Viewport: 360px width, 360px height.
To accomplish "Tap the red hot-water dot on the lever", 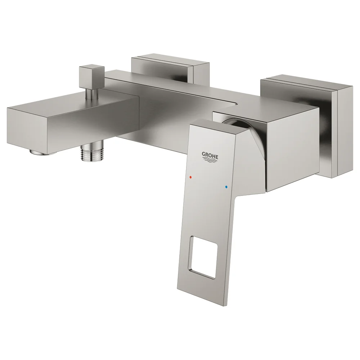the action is [190, 177].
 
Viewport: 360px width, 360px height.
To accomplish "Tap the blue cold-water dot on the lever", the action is [226, 187].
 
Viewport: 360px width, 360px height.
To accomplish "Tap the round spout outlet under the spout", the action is [41, 152].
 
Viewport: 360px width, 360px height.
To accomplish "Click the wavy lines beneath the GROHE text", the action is [210, 161].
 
